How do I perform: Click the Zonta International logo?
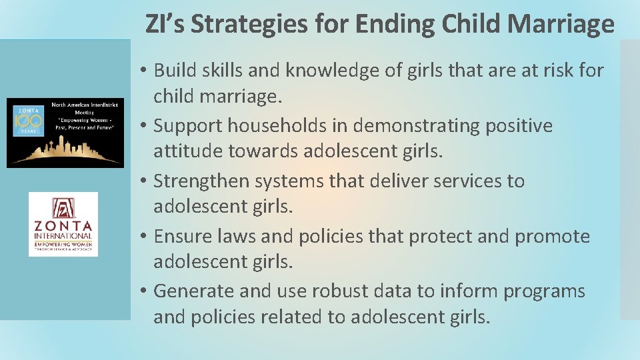coord(63,225)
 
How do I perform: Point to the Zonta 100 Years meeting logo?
coord(65,133)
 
